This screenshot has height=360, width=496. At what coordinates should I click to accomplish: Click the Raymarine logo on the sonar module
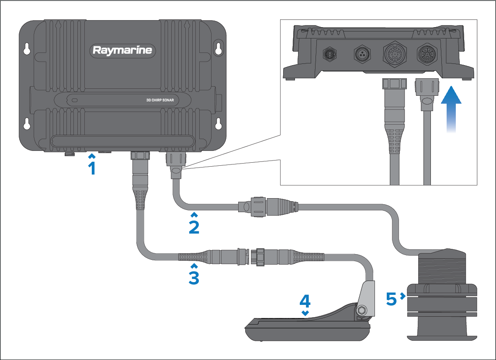coord(122,50)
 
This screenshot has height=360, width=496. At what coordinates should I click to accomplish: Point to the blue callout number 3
coord(194,277)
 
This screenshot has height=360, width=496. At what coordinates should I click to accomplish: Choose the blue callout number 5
coord(392,299)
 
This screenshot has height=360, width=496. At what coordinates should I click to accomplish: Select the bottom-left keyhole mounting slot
coord(27,124)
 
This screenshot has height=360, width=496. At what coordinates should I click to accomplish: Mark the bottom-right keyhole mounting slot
coord(219,124)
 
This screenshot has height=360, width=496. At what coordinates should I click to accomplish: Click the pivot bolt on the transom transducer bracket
coord(362,310)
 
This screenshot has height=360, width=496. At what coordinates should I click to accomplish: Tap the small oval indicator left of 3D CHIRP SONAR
coord(75,100)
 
